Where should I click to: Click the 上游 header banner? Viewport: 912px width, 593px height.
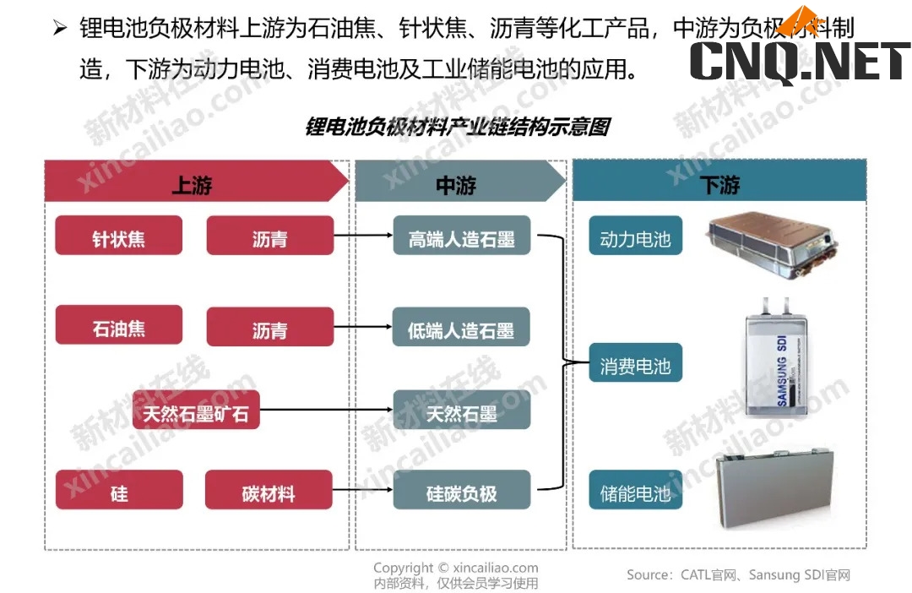[x=194, y=182]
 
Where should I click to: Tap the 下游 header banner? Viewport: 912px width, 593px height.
[x=719, y=182]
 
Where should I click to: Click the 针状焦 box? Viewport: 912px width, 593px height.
[x=119, y=236]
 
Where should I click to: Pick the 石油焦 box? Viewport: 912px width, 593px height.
[x=119, y=325]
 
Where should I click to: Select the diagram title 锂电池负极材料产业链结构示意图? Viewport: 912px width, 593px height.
[x=457, y=128]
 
